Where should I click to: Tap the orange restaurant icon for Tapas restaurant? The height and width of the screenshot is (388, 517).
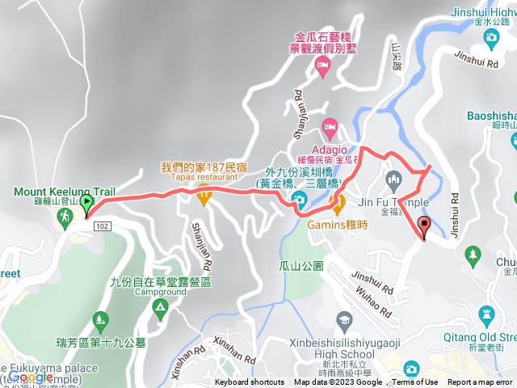(x=204, y=193)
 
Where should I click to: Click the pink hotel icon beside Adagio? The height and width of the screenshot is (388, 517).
(x=329, y=126)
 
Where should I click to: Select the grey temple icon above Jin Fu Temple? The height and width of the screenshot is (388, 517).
(x=393, y=179)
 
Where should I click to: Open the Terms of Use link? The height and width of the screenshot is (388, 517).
(x=415, y=382)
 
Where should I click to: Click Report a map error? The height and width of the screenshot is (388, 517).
(x=481, y=382)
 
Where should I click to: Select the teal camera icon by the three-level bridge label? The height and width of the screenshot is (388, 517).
(x=299, y=200)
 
